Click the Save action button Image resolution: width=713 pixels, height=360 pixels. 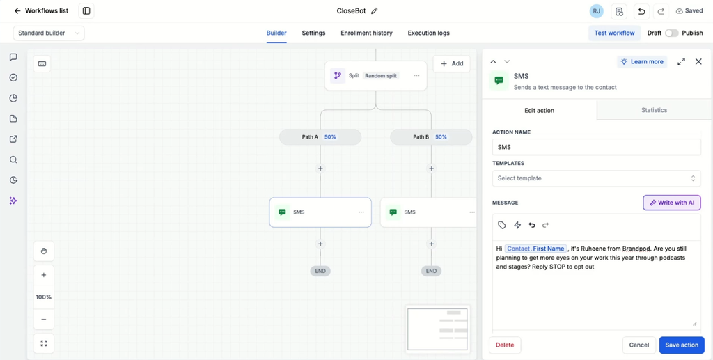(x=682, y=345)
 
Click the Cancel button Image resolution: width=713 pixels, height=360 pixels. (x=639, y=345)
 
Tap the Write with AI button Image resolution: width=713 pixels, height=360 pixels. (x=672, y=203)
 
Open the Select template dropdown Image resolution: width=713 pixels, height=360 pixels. (x=596, y=178)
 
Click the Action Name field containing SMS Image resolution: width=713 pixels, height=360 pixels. (x=596, y=148)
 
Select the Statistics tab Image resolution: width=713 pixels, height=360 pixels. (x=655, y=110)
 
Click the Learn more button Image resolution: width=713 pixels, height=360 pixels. (x=642, y=62)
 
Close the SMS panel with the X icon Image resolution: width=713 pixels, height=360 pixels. (x=698, y=61)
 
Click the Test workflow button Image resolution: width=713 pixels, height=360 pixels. (x=614, y=33)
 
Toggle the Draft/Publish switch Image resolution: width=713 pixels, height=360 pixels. (x=672, y=33)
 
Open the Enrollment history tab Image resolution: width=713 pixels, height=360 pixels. (x=366, y=33)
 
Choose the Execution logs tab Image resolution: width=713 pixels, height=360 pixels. (x=428, y=33)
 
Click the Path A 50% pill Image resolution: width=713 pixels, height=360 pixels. (x=320, y=136)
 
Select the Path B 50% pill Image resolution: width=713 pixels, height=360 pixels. (x=431, y=136)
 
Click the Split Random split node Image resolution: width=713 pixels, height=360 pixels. (x=375, y=75)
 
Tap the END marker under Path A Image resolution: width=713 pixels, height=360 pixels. (x=320, y=271)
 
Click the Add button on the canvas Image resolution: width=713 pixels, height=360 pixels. (x=451, y=63)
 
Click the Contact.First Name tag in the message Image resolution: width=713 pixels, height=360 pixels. (x=535, y=249)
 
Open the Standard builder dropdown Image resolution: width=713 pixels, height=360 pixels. (x=49, y=33)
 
